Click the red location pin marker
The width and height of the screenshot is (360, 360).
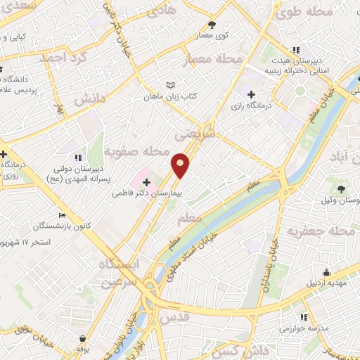pyautogui.click(x=181, y=165)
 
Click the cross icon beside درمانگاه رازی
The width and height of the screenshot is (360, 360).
pyautogui.click(x=251, y=95)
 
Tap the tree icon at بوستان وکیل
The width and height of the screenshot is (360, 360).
pyautogui.click(x=341, y=188)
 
